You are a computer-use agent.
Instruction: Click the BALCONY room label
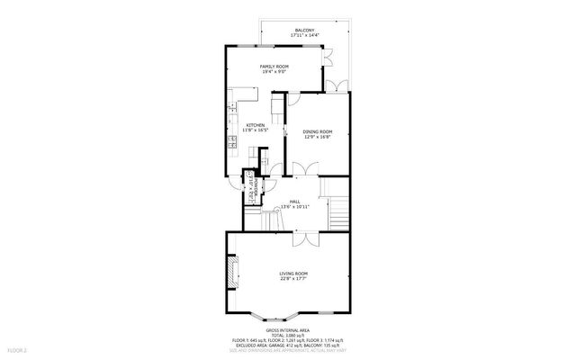click(x=304, y=31)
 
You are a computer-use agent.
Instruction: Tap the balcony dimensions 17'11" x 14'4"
click(x=304, y=37)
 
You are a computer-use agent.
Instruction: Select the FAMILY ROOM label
click(x=274, y=67)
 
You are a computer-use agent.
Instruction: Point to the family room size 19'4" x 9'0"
click(x=274, y=72)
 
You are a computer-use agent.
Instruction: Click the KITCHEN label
click(x=256, y=125)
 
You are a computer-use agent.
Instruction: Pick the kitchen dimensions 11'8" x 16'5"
click(x=256, y=130)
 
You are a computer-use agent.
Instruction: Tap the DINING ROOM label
click(x=319, y=131)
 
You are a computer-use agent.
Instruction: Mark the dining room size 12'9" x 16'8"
click(x=319, y=137)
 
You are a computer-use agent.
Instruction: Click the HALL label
click(x=294, y=201)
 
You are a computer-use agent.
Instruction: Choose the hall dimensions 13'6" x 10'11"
click(x=294, y=207)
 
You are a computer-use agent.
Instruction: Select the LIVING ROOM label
click(x=293, y=274)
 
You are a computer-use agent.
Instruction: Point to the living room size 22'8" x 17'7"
click(x=293, y=279)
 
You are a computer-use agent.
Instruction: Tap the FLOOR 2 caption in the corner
click(x=17, y=349)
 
